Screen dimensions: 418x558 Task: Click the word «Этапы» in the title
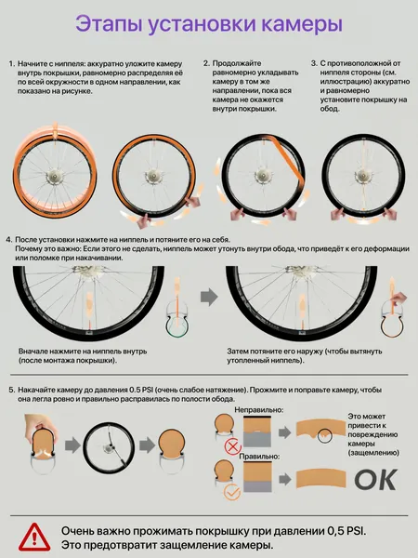click(x=109, y=25)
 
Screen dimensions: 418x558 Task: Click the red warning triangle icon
click(x=34, y=537)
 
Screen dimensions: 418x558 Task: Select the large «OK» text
click(x=375, y=480)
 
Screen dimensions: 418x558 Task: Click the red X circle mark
click(x=233, y=446)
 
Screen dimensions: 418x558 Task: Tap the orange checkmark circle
click(x=232, y=493)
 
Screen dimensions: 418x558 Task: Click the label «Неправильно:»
click(x=259, y=410)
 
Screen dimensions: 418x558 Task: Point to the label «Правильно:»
click(x=259, y=457)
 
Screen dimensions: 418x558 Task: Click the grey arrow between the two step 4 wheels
click(x=209, y=297)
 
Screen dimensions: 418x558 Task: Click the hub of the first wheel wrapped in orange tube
click(x=55, y=176)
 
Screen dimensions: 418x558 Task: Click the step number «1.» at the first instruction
click(x=12, y=64)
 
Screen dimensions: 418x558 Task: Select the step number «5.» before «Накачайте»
click(x=12, y=390)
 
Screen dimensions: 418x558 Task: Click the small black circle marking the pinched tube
click(x=324, y=435)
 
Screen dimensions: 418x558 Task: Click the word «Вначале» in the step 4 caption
click(x=33, y=352)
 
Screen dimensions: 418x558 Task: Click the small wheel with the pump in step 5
click(x=109, y=447)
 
